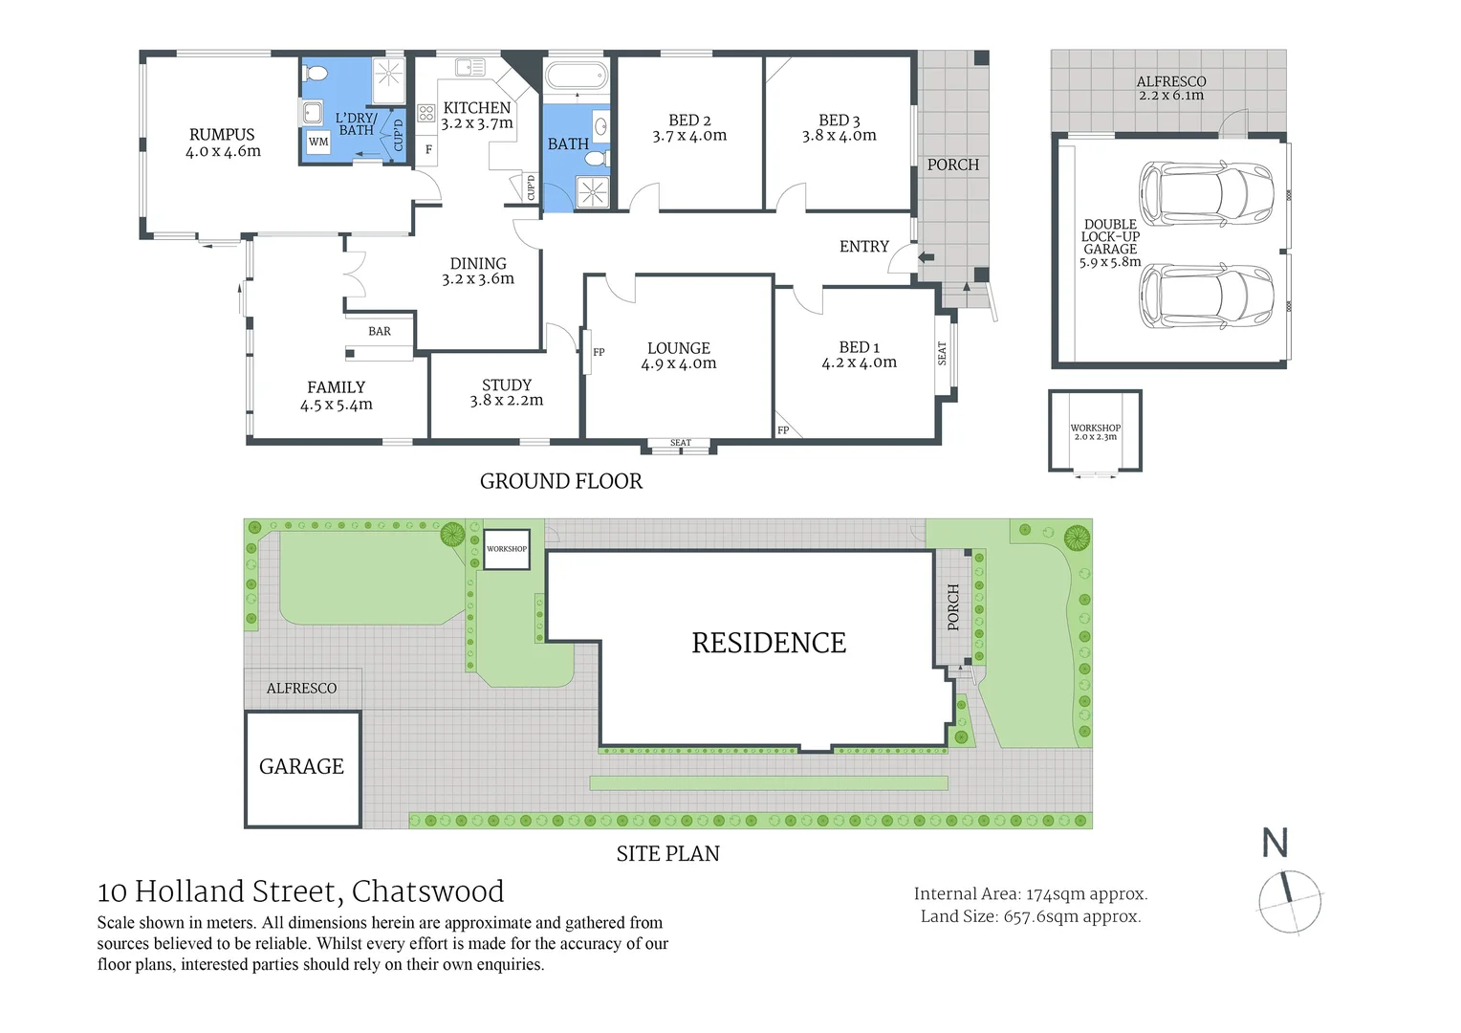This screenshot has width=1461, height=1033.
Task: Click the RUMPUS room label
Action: [222, 135]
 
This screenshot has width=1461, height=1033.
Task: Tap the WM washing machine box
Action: [318, 142]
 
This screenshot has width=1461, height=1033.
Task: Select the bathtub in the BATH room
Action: [576, 77]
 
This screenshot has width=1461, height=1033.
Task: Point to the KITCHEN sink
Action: [470, 67]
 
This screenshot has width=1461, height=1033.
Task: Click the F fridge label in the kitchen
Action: [428, 149]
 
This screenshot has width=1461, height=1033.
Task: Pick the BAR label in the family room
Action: [380, 332]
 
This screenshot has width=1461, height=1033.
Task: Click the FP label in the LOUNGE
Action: [599, 352]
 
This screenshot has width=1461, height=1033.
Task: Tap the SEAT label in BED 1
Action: [942, 353]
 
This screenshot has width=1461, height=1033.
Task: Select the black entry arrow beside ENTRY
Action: [927, 257]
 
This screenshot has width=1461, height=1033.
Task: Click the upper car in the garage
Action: [1206, 194]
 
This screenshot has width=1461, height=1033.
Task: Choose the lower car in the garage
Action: [1206, 297]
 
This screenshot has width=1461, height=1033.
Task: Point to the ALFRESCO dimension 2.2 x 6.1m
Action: [1171, 96]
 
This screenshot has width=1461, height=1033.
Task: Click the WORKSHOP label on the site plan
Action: [507, 549]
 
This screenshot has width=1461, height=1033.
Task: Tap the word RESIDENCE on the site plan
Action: [769, 643]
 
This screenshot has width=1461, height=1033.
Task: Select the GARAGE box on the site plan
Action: [303, 769]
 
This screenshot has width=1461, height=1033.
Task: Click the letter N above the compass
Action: [1276, 842]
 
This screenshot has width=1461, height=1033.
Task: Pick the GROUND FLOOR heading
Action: [561, 481]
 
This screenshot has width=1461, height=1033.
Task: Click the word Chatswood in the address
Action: [427, 891]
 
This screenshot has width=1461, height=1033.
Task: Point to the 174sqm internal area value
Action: [1053, 894]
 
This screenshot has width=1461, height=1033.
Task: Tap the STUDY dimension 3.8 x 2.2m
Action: [507, 400]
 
